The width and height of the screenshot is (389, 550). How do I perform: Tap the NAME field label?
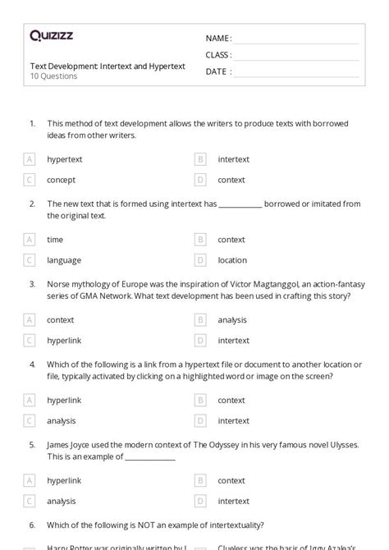(218, 39)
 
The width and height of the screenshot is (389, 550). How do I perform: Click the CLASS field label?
(218, 55)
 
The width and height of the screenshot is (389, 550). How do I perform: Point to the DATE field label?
(217, 71)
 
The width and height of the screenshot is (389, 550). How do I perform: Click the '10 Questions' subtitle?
(54, 76)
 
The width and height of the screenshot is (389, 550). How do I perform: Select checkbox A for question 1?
(30, 159)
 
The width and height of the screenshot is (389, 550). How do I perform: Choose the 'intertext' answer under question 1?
(233, 159)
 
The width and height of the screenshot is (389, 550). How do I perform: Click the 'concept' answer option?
(62, 180)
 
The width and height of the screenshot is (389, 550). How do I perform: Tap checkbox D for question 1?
(199, 180)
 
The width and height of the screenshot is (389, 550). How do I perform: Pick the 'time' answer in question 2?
(55, 240)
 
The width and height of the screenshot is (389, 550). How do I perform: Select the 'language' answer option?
(64, 260)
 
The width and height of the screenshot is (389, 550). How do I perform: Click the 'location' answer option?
(232, 260)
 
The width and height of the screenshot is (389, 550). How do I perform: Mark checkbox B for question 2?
(199, 240)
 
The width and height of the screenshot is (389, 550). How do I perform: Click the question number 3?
(32, 283)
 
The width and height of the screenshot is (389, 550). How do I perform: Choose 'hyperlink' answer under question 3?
(65, 340)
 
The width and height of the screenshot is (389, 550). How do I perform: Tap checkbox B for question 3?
(199, 320)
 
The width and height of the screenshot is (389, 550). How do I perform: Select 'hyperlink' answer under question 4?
(65, 401)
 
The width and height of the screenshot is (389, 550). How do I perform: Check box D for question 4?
(199, 420)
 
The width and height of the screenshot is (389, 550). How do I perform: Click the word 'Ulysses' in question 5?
(343, 444)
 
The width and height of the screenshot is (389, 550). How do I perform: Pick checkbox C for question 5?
(30, 501)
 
